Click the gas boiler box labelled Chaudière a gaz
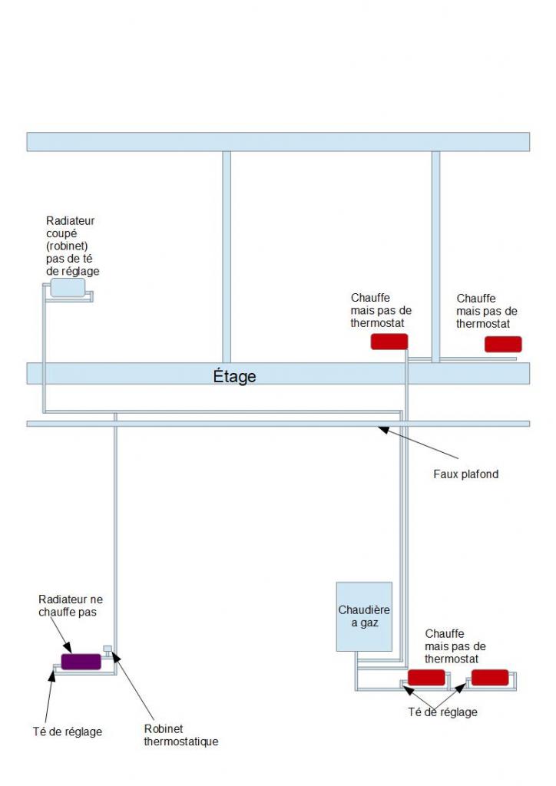click(x=365, y=616)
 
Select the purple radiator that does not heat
click(x=81, y=662)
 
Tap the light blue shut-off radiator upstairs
click(x=68, y=288)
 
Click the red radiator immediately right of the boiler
click(x=426, y=677)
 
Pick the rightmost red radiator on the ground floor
click(x=490, y=677)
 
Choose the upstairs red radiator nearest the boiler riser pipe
click(x=389, y=342)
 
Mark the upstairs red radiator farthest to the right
click(x=503, y=344)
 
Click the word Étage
click(x=234, y=377)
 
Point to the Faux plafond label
click(x=466, y=474)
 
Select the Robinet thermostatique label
click(x=181, y=735)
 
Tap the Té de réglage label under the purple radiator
click(x=67, y=732)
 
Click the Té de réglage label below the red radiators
click(x=442, y=712)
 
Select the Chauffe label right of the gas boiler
click(x=455, y=646)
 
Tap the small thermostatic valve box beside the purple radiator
click(x=108, y=649)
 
